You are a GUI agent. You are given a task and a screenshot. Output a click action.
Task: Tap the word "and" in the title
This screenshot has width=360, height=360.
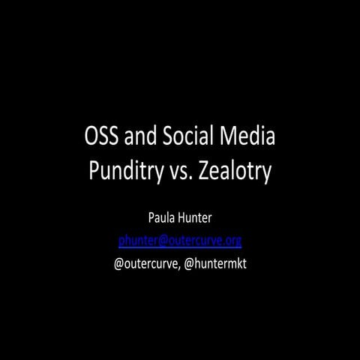(x=141, y=137)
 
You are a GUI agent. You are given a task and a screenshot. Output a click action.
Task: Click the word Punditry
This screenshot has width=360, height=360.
(x=122, y=171)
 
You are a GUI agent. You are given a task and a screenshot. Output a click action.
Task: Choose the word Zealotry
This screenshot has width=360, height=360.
(x=231, y=171)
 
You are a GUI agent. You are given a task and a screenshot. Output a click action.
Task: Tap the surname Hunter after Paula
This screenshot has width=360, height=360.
(x=196, y=219)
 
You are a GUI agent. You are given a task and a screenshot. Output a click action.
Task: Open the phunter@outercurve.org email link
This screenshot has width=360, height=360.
(x=180, y=241)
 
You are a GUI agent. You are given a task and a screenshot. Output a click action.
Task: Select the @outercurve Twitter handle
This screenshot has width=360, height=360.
(x=145, y=263)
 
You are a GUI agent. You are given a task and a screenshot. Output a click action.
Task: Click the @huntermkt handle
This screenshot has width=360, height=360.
(x=214, y=263)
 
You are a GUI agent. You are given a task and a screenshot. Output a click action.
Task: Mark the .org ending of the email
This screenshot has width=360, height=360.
(x=232, y=241)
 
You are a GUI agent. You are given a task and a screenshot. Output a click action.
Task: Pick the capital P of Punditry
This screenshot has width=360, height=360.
(x=94, y=171)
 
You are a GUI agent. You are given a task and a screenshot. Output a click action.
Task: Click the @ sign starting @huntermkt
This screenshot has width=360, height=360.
(x=187, y=263)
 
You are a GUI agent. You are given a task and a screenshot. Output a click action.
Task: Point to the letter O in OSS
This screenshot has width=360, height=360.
(x=92, y=137)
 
